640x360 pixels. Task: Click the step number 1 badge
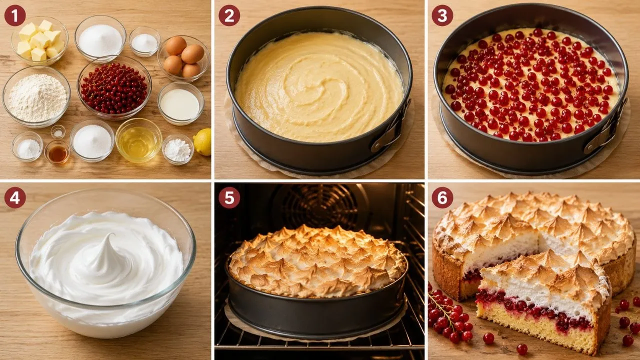[15, 15]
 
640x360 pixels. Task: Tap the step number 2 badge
[229, 15]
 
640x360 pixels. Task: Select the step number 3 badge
[442, 15]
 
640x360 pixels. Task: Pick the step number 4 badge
[15, 197]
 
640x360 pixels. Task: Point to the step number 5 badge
[229, 197]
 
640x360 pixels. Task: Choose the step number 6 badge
[442, 197]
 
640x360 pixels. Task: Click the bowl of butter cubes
[39, 40]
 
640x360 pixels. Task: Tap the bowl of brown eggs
[183, 58]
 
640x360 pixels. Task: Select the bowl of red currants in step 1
[114, 88]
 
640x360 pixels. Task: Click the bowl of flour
[36, 96]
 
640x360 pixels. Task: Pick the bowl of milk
[180, 103]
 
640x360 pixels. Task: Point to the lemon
[203, 142]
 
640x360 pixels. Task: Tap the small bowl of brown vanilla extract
[57, 152]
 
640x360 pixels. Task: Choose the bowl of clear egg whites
[138, 140]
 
